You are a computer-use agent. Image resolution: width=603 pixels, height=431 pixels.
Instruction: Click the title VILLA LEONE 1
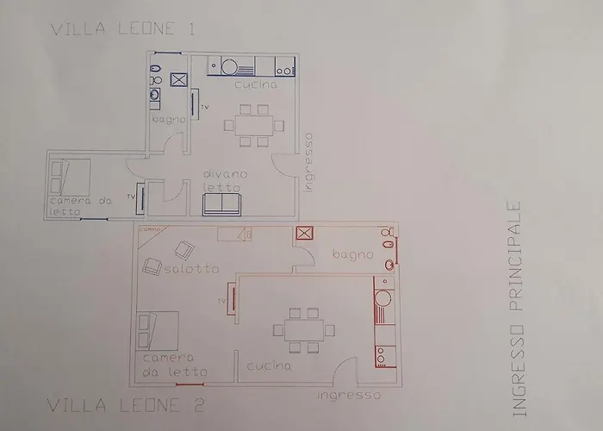pos(122,29)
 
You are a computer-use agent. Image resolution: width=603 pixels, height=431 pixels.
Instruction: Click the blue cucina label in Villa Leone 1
pos(256,86)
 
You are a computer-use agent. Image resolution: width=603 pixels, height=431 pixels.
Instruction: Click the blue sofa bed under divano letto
pos(223,203)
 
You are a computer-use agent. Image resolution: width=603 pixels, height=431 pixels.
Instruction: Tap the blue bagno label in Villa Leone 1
pos(169,119)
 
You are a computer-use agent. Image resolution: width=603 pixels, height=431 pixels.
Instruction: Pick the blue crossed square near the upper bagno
pos(179,80)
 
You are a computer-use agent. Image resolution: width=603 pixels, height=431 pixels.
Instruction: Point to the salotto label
pos(188,269)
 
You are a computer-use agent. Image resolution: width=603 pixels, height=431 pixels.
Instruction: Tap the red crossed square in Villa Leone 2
pos(303,233)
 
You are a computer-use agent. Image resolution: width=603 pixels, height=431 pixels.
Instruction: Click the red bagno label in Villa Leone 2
pos(353,254)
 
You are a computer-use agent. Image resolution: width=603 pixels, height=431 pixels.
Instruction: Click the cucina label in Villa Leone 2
pos(269,366)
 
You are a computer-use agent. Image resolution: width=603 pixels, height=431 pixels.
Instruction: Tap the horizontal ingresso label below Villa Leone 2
pos(348,395)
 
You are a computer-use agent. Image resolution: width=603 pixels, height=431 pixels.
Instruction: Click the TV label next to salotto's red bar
pos(222,300)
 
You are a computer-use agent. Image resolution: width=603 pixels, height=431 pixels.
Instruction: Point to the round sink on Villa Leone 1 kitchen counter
pos(230,66)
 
